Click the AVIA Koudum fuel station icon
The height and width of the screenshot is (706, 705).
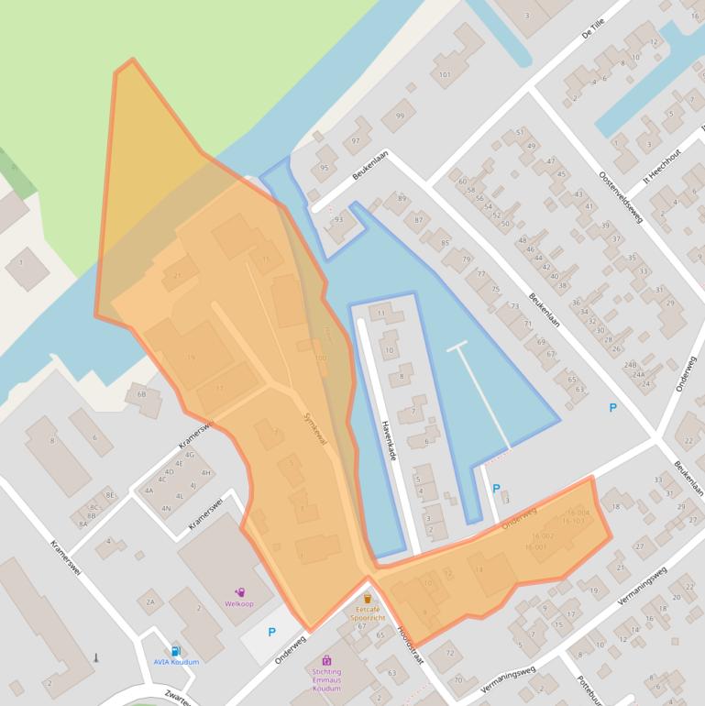click(174, 652)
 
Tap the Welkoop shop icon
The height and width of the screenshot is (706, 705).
click(240, 593)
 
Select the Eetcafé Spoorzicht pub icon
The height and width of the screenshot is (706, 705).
click(368, 599)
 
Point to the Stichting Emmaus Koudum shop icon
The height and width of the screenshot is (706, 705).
click(326, 660)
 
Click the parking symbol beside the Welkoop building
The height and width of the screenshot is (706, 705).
click(271, 632)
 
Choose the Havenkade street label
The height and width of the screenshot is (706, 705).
click(387, 439)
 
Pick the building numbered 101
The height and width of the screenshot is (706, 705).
click(446, 74)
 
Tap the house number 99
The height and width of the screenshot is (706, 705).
click(399, 116)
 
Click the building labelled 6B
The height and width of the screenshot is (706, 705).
click(141, 394)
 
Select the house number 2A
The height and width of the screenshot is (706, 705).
click(149, 601)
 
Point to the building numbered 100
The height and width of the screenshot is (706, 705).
click(320, 358)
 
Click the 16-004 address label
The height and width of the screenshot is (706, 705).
click(578, 512)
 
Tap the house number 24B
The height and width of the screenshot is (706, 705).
click(631, 365)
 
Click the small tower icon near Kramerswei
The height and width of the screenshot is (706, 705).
click(95, 656)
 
